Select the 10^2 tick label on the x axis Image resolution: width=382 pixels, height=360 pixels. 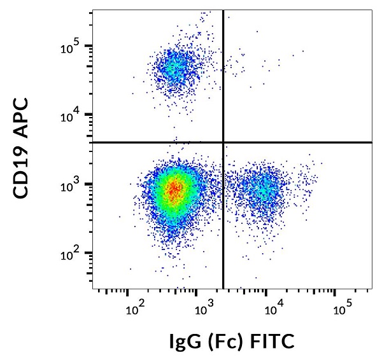[x=134, y=310]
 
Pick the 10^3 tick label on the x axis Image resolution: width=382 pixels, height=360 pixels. [x=204, y=310]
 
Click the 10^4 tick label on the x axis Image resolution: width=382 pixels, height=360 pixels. [x=273, y=310]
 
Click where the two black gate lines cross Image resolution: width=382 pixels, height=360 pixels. [x=223, y=142]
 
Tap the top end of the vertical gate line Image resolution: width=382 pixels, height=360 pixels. [x=223, y=11]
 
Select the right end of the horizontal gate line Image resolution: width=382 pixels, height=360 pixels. [x=371, y=142]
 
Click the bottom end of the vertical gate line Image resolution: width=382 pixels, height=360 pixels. [x=223, y=287]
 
